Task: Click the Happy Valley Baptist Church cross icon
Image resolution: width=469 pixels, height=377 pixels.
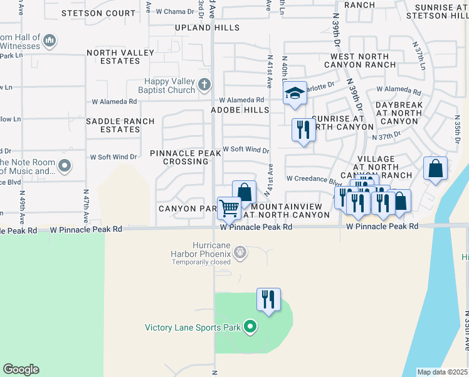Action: (x=204, y=84)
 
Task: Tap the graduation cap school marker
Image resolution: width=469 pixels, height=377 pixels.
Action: (x=295, y=94)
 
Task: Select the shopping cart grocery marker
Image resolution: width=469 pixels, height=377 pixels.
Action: (x=229, y=207)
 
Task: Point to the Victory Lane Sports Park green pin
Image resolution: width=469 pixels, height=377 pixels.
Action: (x=250, y=327)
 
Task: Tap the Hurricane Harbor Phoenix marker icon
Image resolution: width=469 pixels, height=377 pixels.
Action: (x=240, y=253)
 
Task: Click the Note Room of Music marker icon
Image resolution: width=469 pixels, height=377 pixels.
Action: (x=64, y=166)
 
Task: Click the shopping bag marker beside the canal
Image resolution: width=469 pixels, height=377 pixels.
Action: (x=435, y=168)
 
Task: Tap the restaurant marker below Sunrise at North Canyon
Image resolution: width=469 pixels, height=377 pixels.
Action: (x=303, y=130)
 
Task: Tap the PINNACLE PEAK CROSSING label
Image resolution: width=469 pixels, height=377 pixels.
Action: (x=186, y=157)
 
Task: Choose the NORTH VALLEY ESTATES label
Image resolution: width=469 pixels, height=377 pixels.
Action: (x=113, y=57)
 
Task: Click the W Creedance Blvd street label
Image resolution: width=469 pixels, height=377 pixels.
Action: (x=310, y=179)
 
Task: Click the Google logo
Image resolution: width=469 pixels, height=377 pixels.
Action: (x=21, y=369)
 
